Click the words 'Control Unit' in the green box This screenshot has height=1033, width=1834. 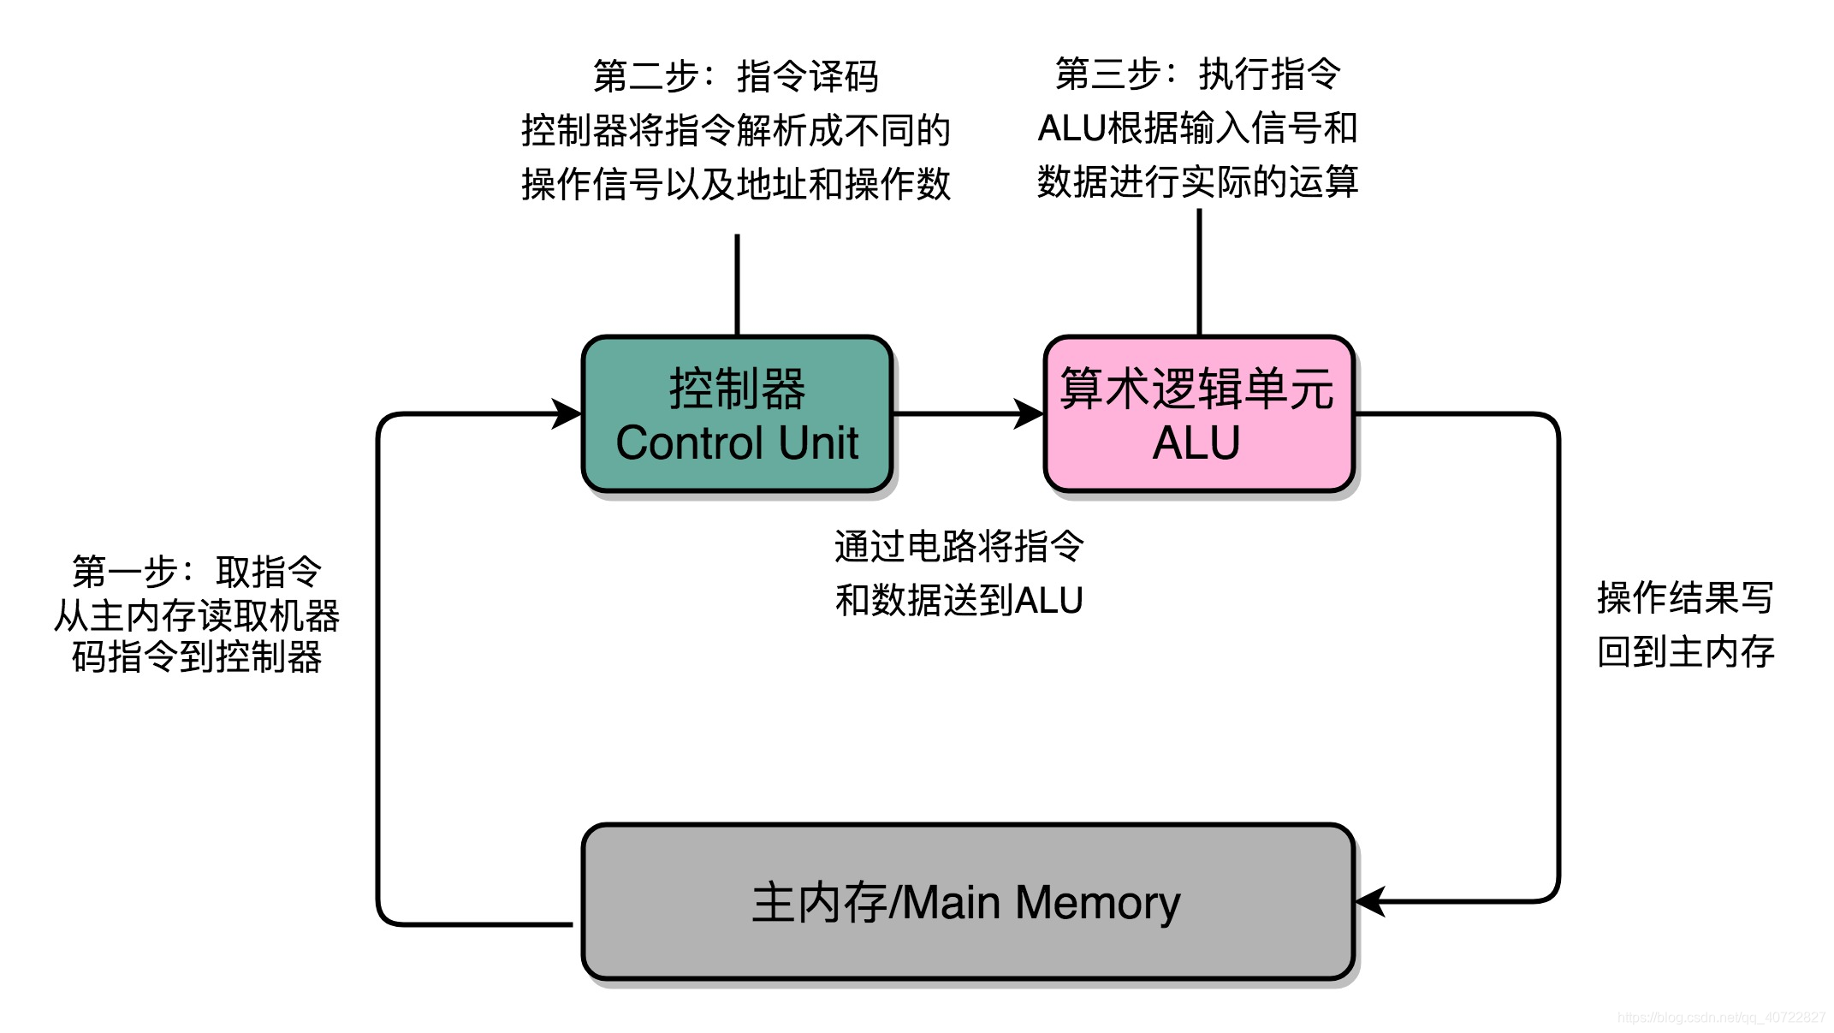click(x=736, y=443)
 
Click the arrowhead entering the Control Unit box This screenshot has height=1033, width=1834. click(x=567, y=413)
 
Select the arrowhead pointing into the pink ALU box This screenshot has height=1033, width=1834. click(x=1028, y=413)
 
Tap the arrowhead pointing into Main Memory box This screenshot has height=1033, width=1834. click(x=1372, y=901)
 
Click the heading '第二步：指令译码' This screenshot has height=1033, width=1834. click(x=736, y=76)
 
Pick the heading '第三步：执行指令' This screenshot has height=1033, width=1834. click(x=1197, y=74)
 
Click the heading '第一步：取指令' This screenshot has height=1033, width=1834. click(x=197, y=572)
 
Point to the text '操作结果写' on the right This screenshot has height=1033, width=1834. click(x=1685, y=597)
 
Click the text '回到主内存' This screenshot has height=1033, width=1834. click(x=1685, y=652)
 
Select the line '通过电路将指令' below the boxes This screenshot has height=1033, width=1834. click(x=959, y=546)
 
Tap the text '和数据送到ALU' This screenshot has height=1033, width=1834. click(x=959, y=600)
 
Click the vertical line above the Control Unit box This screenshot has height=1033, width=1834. click(x=737, y=284)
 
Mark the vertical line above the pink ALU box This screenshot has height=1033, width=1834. click(x=1199, y=272)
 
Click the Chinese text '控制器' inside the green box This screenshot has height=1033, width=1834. click(x=737, y=389)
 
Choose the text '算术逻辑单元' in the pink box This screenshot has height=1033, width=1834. click(x=1196, y=389)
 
